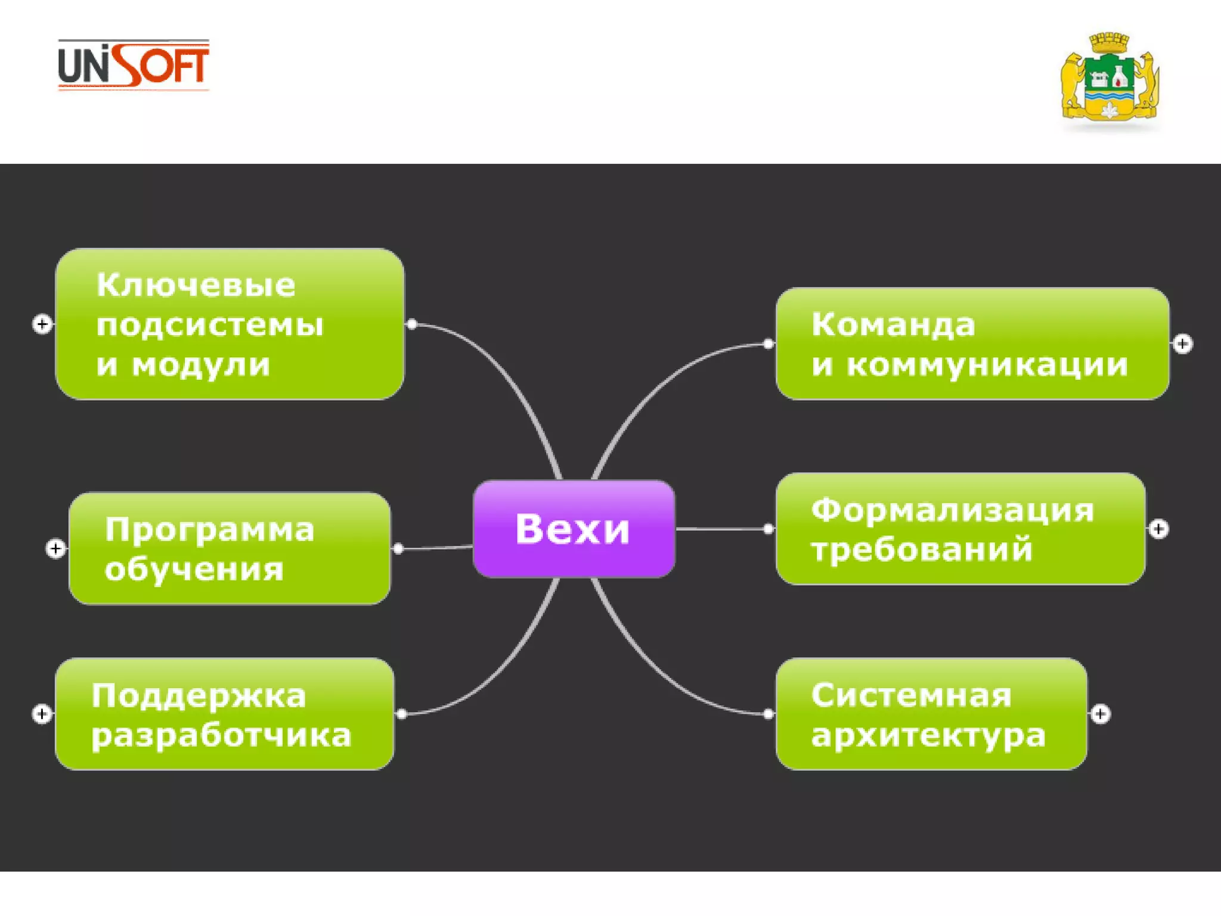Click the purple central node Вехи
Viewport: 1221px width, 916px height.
(574, 529)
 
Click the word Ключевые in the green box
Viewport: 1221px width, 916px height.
(196, 285)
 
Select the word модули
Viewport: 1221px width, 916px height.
(201, 365)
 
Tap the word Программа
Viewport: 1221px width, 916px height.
(209, 530)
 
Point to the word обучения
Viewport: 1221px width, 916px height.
(194, 570)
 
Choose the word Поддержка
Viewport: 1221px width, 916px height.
(199, 696)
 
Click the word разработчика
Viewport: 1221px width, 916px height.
(221, 735)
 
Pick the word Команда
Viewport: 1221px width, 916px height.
(893, 326)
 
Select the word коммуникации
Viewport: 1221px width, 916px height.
(987, 365)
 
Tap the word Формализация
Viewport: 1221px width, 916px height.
(953, 510)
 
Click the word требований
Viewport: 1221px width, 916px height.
(922, 550)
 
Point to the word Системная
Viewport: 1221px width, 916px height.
(911, 696)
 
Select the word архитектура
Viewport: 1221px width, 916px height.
(928, 735)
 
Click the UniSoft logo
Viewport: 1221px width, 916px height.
(134, 65)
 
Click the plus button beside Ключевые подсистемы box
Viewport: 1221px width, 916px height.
(42, 324)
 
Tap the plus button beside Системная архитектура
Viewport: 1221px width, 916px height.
(1100, 714)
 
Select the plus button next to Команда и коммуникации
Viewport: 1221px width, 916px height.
(1183, 344)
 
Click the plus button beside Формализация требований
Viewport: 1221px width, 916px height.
(1158, 529)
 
